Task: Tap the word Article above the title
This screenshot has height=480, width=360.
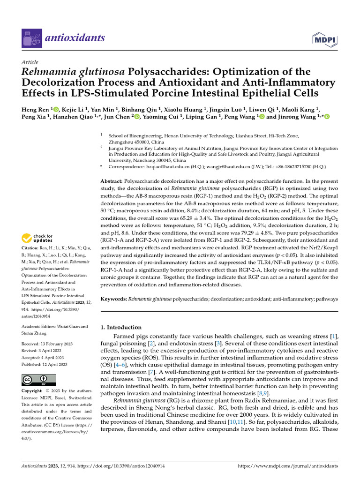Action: coord(30,62)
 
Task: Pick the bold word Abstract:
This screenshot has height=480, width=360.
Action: coord(112,181)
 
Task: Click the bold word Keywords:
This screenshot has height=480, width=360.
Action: coord(114,299)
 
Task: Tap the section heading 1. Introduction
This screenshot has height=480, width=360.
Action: coord(121,327)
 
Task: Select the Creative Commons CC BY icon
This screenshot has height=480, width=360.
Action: coord(38,380)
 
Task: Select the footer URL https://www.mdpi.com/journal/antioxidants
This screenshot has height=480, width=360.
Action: coord(288,466)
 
